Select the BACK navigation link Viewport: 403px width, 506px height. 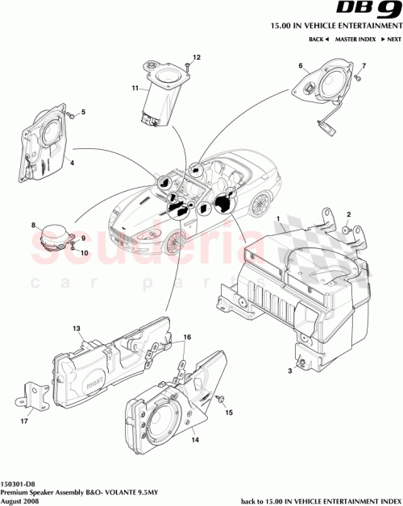(x=319, y=39)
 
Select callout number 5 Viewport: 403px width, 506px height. (x=81, y=114)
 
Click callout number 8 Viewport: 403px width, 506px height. (x=33, y=226)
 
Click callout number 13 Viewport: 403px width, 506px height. (x=77, y=329)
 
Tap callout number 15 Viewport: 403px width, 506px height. (x=228, y=412)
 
